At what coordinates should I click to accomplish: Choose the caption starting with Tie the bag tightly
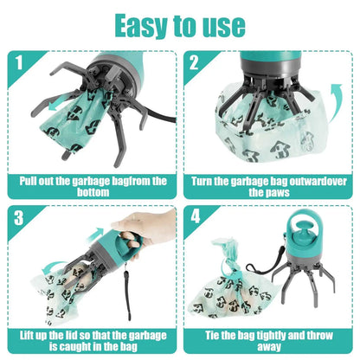tap(269, 338)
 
